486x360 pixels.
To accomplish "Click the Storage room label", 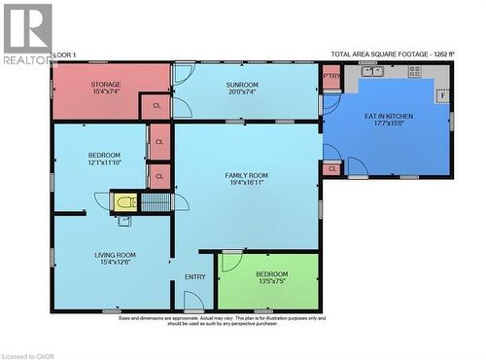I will coord(106,88).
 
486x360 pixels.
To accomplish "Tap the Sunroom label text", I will coord(242,89).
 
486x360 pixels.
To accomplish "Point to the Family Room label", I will coord(247,178).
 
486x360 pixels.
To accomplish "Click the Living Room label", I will coord(115,258).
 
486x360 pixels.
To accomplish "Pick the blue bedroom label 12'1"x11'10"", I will coord(104,159).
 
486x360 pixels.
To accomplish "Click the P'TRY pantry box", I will coord(331,76).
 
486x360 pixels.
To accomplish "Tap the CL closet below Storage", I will coord(156,107).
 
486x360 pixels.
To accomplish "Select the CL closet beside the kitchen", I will coord(332,168).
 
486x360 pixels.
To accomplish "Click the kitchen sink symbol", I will coord(373,71).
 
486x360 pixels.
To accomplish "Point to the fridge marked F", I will coord(442,96).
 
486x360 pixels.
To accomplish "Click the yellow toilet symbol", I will coord(124,202).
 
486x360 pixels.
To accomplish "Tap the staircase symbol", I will coord(156,202).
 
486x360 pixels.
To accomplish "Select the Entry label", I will coord(194,277).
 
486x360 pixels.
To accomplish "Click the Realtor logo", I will coord(27,33).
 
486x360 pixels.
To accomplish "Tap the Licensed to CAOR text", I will coord(28,355).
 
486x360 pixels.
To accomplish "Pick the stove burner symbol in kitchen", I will coord(415,71).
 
